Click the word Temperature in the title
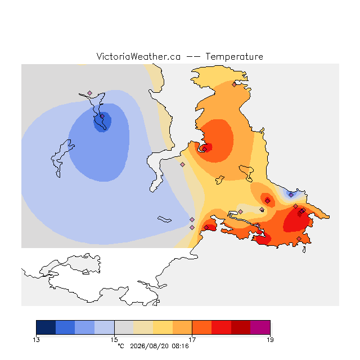pyautogui.click(x=234, y=57)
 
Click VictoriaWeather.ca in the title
pyautogui.click(x=138, y=57)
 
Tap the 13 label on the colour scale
pyautogui.click(x=36, y=340)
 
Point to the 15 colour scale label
pyautogui.click(x=114, y=340)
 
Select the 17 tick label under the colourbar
pyautogui.click(x=192, y=340)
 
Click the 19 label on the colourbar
pyautogui.click(x=270, y=340)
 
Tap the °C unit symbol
pyautogui.click(x=121, y=346)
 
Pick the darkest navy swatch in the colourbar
pyautogui.click(x=46, y=327)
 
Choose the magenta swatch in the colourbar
pyautogui.click(x=260, y=327)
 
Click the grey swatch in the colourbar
pyautogui.click(x=124, y=327)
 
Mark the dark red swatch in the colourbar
pyautogui.click(x=241, y=327)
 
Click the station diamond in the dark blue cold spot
pyautogui.click(x=102, y=116)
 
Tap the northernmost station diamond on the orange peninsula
pyautogui.click(x=234, y=85)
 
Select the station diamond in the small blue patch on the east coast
pyautogui.click(x=291, y=195)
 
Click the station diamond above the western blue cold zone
pyautogui.click(x=90, y=93)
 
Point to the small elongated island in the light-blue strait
pyautogui.click(x=164, y=219)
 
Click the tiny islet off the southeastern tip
pyautogui.click(x=304, y=250)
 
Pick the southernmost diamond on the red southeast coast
pyautogui.click(x=299, y=238)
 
